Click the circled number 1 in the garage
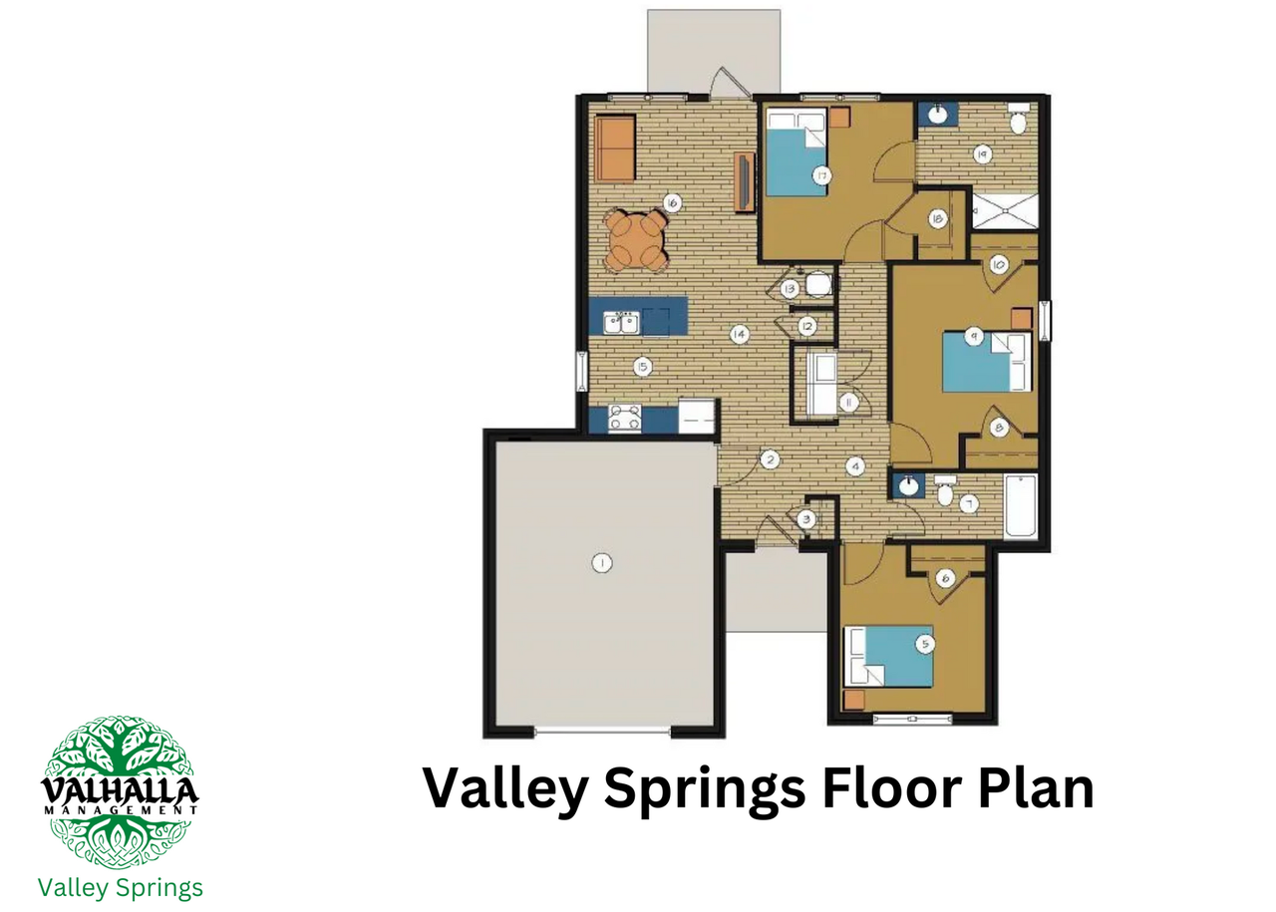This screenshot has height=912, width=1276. click(x=602, y=563)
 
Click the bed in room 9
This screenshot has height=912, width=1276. click(x=987, y=361)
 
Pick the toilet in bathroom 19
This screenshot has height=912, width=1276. click(x=1019, y=119)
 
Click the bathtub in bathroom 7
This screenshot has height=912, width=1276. click(x=1021, y=506)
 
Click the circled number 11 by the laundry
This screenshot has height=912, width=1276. click(x=848, y=404)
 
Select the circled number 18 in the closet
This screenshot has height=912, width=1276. click(x=937, y=218)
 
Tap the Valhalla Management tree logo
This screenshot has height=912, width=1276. click(x=120, y=792)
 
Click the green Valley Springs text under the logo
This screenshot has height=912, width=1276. click(x=121, y=888)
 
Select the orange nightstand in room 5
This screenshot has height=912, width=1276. click(x=854, y=699)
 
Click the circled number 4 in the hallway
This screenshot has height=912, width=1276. click(x=855, y=466)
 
